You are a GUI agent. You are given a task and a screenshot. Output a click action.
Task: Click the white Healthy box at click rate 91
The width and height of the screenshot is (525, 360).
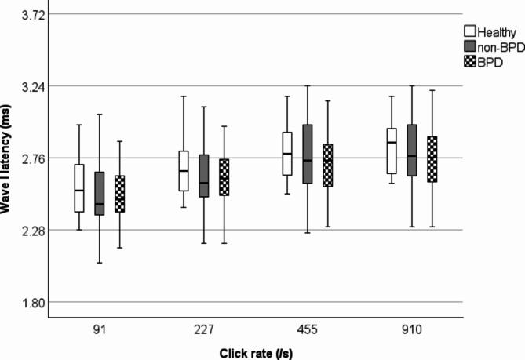click(x=79, y=188)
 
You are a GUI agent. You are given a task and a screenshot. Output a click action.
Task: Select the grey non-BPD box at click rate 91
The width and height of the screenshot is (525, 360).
click(x=100, y=193)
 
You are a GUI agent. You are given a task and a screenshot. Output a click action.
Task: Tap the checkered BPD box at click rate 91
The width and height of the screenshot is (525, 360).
click(x=120, y=193)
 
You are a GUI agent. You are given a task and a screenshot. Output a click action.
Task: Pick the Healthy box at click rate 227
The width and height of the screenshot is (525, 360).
click(x=184, y=170)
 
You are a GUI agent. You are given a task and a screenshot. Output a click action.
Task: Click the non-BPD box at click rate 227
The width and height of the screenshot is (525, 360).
click(x=204, y=176)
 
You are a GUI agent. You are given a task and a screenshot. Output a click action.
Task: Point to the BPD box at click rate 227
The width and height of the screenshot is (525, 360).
click(x=224, y=177)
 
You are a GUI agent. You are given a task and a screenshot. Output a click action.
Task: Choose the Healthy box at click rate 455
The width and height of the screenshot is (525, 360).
click(x=287, y=154)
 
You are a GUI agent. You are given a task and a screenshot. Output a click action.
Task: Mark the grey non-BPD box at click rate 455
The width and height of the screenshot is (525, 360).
click(x=308, y=154)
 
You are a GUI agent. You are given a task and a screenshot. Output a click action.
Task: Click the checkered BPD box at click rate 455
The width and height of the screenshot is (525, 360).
click(x=328, y=165)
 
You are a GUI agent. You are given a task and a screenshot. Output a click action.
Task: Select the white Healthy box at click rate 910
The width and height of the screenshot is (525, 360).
click(x=392, y=151)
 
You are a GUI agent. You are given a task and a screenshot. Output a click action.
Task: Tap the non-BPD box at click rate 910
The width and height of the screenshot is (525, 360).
click(x=412, y=150)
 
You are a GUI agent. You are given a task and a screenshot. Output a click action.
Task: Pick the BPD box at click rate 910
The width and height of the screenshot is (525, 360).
click(x=432, y=159)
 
